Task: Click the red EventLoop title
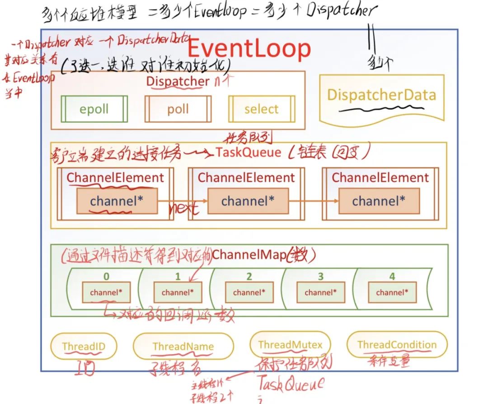click(249, 49)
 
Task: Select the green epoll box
click(94, 109)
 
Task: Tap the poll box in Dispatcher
click(178, 109)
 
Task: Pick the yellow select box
click(262, 109)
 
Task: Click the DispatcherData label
click(382, 95)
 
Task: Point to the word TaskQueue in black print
click(248, 152)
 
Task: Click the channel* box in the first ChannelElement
click(117, 201)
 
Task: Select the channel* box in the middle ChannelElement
click(248, 201)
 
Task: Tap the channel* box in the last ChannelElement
click(379, 201)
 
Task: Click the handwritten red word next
click(183, 209)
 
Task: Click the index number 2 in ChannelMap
click(249, 276)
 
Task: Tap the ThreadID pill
click(84, 347)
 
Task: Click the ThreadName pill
click(183, 347)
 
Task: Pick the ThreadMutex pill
click(291, 345)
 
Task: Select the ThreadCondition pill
click(397, 345)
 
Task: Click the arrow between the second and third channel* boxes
click(313, 201)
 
